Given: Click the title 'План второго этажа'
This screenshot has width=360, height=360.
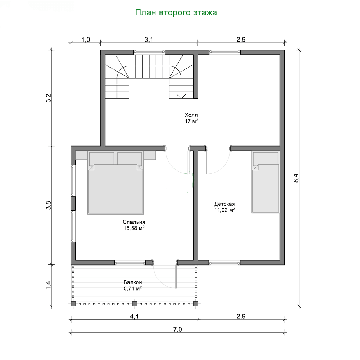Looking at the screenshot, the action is click(x=176, y=12).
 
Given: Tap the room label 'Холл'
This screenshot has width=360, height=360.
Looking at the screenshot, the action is click(x=191, y=115).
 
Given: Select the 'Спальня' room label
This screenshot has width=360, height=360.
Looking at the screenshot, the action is click(x=134, y=222).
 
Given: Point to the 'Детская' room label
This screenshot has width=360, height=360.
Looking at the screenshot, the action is click(x=224, y=204).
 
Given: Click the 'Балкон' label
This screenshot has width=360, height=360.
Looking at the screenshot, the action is click(x=133, y=282).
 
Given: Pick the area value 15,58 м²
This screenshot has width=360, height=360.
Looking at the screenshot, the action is click(x=134, y=228).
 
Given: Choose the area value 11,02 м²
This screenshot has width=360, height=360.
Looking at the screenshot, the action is click(x=224, y=210).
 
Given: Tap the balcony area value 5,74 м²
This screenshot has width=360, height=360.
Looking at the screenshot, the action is click(x=133, y=288).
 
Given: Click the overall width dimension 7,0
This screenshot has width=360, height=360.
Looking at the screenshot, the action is click(x=177, y=330).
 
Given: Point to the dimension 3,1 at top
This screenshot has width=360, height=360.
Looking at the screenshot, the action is click(x=149, y=40).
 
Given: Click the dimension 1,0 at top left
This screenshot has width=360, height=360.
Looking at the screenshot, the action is click(x=86, y=40).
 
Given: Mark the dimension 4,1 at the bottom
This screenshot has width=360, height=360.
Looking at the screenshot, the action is click(x=134, y=316).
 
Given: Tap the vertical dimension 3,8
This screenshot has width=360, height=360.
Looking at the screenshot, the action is click(x=48, y=205).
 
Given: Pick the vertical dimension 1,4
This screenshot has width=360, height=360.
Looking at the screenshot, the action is click(x=48, y=285).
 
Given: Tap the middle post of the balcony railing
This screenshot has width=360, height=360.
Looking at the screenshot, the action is click(x=134, y=304).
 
